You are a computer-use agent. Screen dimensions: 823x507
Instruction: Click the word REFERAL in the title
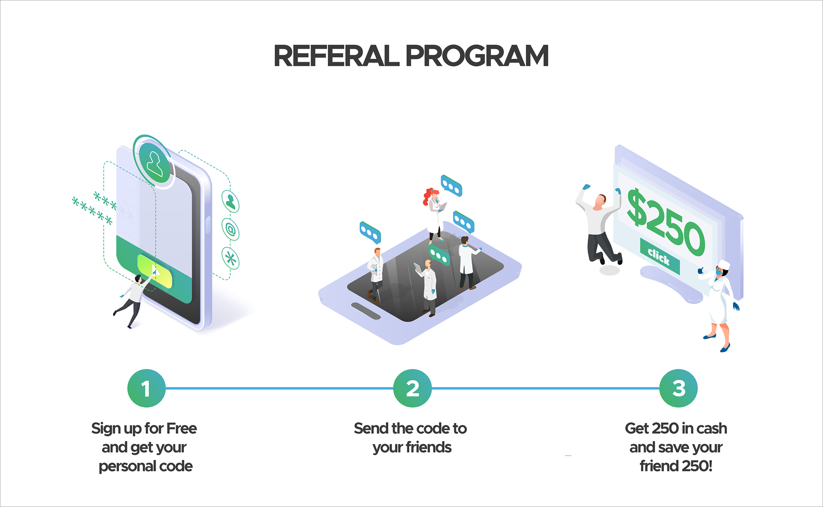(x=336, y=56)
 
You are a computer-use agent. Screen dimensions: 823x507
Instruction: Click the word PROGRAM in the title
(x=477, y=56)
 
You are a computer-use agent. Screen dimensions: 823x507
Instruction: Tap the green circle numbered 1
(x=146, y=388)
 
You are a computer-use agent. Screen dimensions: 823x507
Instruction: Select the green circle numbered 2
(x=412, y=388)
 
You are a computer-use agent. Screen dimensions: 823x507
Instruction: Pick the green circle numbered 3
(x=679, y=388)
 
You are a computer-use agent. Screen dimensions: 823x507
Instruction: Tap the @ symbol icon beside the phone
(x=231, y=230)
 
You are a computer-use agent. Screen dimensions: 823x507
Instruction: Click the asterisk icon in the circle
(x=231, y=258)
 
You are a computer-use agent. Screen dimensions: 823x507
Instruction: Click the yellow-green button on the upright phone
(x=155, y=272)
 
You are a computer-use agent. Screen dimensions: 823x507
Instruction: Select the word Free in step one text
(x=181, y=428)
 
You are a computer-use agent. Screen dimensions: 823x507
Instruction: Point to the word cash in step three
(x=712, y=428)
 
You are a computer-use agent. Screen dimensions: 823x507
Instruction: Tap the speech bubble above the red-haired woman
(x=452, y=186)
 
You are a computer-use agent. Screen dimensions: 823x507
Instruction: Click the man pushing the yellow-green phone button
(x=134, y=298)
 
